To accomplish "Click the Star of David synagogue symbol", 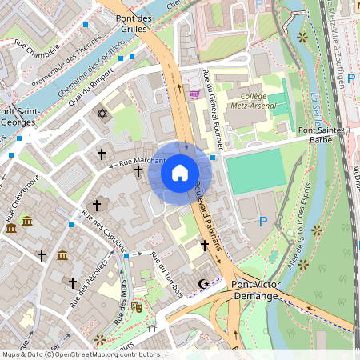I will [x=101, y=114].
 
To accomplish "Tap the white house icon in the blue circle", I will [x=180, y=172].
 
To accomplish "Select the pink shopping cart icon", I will [x=194, y=94].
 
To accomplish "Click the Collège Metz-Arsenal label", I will [x=253, y=102].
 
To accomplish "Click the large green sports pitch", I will [x=254, y=171].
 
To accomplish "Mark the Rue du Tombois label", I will [x=167, y=274].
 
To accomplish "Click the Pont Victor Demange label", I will [x=254, y=290].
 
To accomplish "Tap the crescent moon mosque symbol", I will [x=203, y=283].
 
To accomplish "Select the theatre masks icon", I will [x=136, y=306].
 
